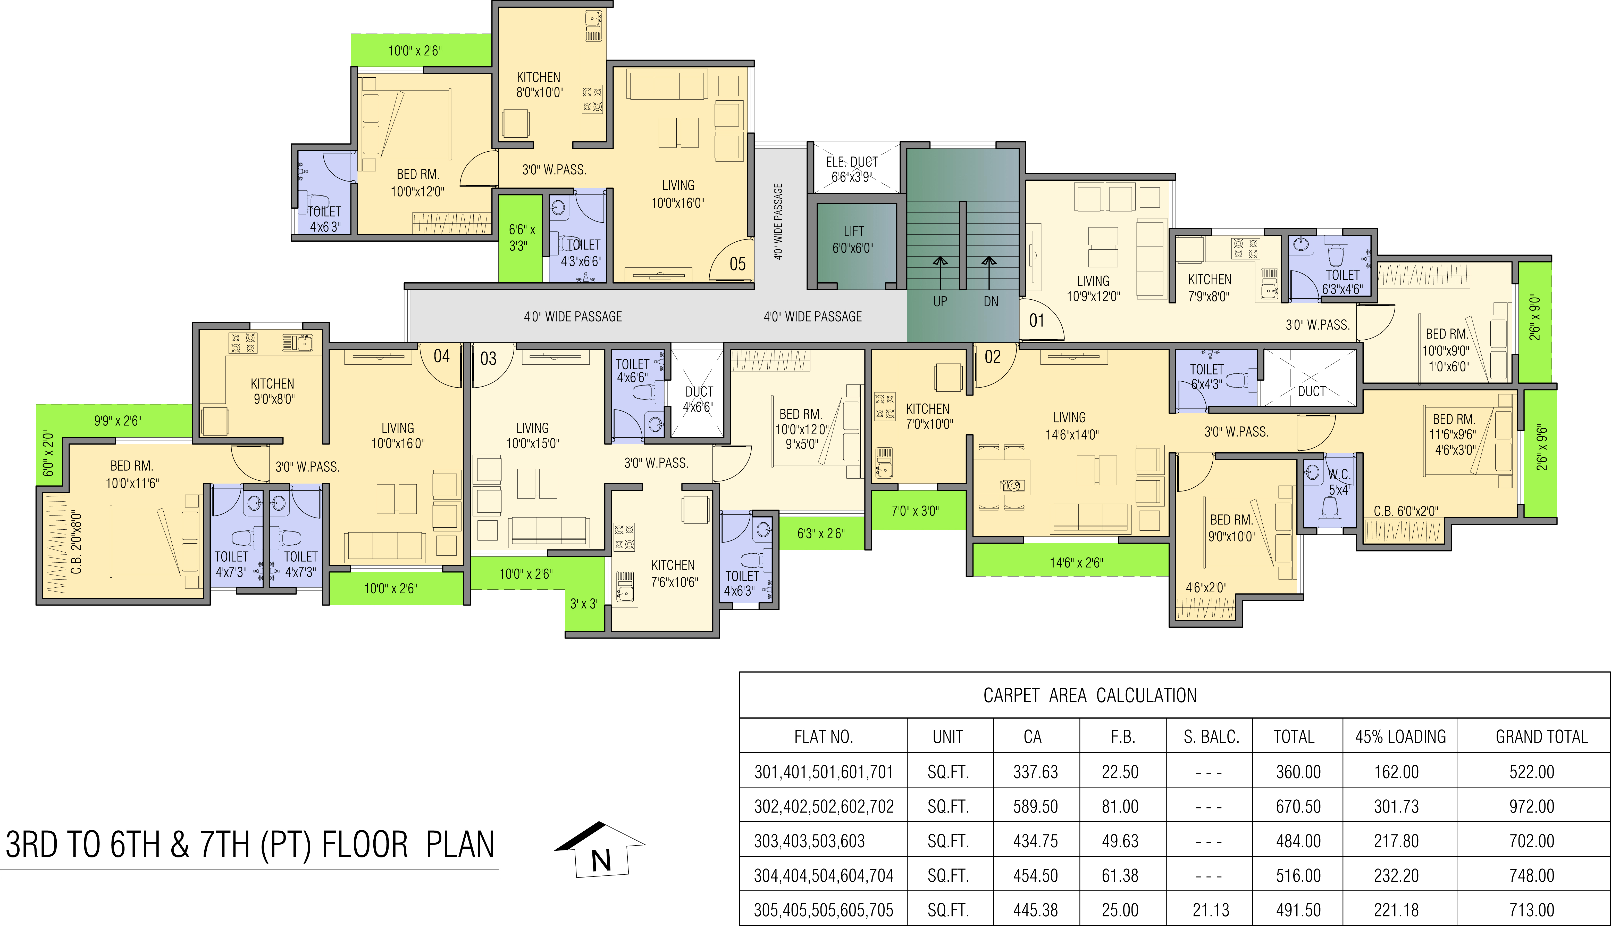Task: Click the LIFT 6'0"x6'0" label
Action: [x=853, y=240]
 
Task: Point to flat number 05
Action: [x=737, y=264]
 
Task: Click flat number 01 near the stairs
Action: [x=1036, y=321]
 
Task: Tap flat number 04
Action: [x=442, y=356]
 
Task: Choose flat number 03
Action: [x=488, y=359]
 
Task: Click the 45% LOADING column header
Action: [x=1400, y=736]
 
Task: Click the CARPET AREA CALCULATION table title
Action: [x=1090, y=695]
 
